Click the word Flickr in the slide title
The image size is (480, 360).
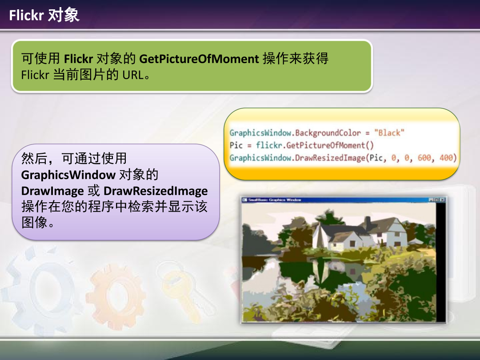click(26, 15)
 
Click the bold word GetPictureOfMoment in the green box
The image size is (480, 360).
click(199, 59)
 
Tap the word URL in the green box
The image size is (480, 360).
click(133, 75)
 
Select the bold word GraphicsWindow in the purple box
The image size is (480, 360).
click(68, 175)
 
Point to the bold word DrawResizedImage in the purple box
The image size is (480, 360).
click(156, 191)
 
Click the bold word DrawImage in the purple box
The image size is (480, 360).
click(52, 191)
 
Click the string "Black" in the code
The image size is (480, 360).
click(389, 133)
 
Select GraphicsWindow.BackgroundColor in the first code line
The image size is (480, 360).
click(295, 133)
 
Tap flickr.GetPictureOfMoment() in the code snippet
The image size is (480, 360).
click(315, 145)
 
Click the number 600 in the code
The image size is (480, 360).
click(424, 158)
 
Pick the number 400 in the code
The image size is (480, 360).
click(446, 158)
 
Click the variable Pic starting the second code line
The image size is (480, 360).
click(236, 145)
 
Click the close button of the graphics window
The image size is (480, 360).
click(442, 200)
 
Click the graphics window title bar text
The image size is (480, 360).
click(275, 200)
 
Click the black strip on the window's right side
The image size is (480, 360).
click(440, 262)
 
